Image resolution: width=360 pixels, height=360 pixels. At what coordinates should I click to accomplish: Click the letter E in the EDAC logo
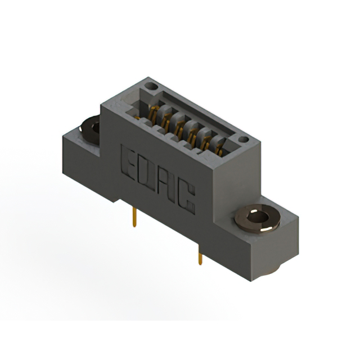(128, 160)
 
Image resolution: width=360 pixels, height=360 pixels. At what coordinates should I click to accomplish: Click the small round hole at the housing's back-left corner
(150, 87)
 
